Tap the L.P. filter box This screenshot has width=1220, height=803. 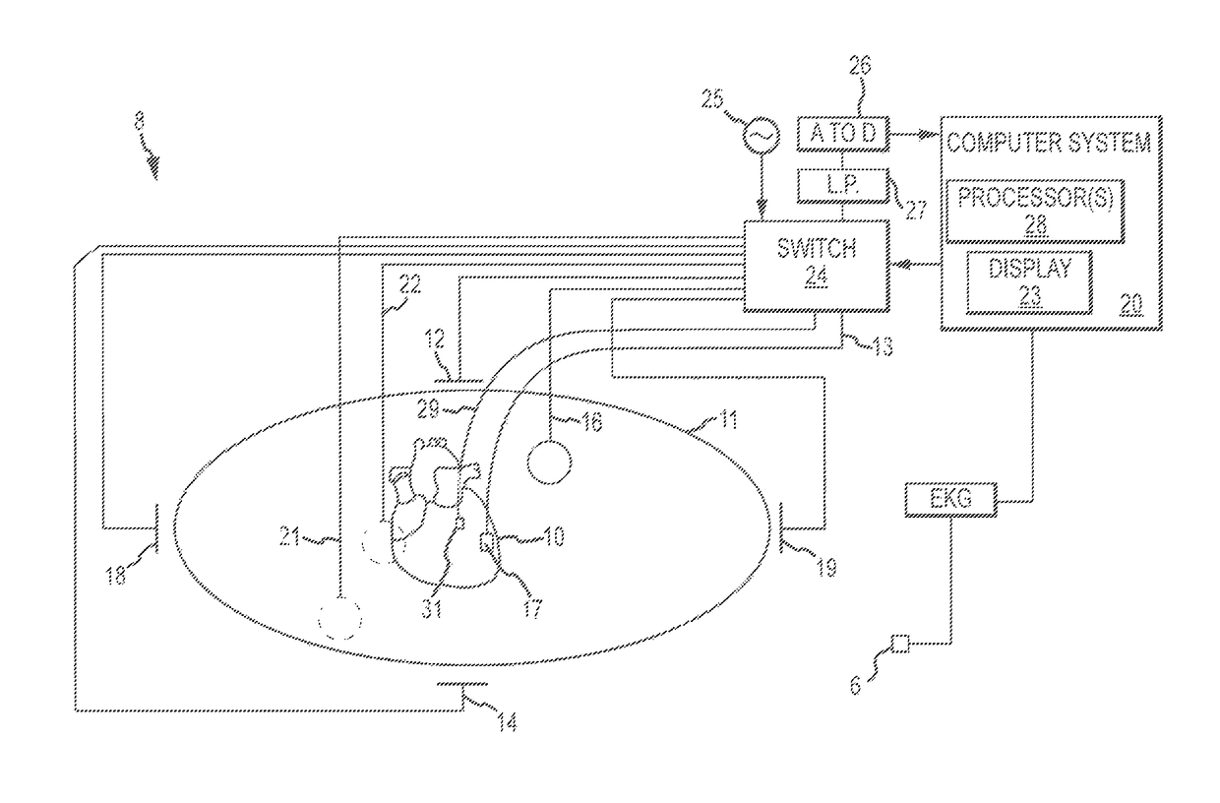point(842,183)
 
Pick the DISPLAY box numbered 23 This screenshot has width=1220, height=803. point(1029,281)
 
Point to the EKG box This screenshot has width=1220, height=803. point(949,501)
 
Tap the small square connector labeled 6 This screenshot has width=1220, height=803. point(898,645)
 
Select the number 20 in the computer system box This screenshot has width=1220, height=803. point(1131,305)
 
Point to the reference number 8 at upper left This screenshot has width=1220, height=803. point(140,126)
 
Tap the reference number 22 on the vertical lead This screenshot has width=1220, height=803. point(408,285)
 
